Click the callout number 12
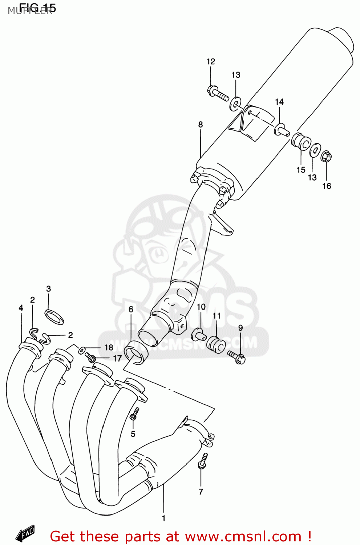[211, 62]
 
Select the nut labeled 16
[326, 157]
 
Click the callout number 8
[201, 125]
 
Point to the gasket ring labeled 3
[54, 316]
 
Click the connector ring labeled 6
[136, 352]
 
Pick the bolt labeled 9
[236, 357]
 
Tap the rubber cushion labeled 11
[216, 344]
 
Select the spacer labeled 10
[199, 334]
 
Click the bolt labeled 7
[203, 461]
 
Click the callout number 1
[163, 518]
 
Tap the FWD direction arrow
[25, 533]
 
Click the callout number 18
[109, 348]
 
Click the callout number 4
[21, 308]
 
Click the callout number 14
[279, 102]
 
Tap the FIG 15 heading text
[37, 8]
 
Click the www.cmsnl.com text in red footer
[243, 537]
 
